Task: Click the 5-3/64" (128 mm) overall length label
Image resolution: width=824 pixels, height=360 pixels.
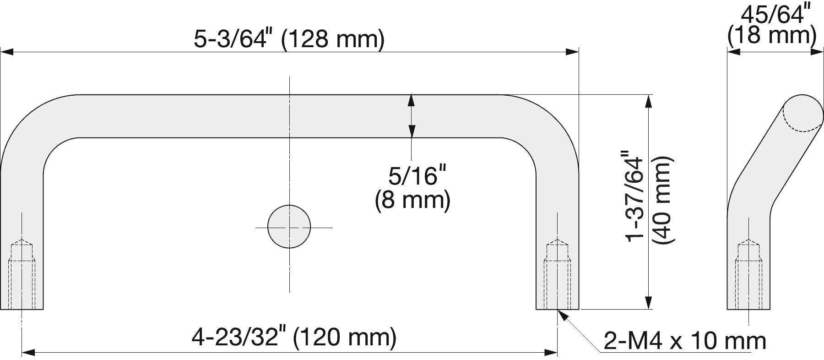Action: [289, 39]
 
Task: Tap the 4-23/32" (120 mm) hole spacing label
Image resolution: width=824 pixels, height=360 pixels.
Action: [293, 338]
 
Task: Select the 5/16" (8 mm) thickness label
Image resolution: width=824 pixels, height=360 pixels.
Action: [412, 188]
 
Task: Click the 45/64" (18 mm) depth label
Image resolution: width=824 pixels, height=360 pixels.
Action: [772, 25]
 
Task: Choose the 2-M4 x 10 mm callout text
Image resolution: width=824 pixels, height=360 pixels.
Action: [685, 341]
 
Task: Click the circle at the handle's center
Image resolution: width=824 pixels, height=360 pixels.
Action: [289, 227]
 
